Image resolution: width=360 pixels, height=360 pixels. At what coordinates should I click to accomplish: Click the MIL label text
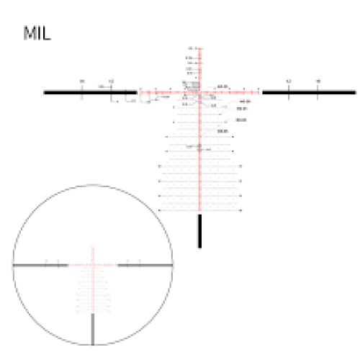tap(37, 33)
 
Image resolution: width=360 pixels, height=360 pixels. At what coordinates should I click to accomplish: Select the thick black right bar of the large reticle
tap(309, 92)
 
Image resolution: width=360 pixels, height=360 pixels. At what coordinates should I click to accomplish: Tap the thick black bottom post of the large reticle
tap(199, 230)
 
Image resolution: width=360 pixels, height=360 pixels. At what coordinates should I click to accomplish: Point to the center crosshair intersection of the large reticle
tap(199, 92)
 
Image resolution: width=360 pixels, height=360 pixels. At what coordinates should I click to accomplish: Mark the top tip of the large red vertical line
tap(199, 47)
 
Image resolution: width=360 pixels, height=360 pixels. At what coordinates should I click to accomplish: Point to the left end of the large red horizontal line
tap(139, 92)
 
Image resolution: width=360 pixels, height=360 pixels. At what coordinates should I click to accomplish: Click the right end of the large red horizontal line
tap(261, 92)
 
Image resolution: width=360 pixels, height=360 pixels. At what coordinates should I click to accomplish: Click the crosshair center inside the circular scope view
tap(93, 265)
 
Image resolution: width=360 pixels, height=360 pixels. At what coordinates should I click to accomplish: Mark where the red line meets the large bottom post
tap(199, 214)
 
